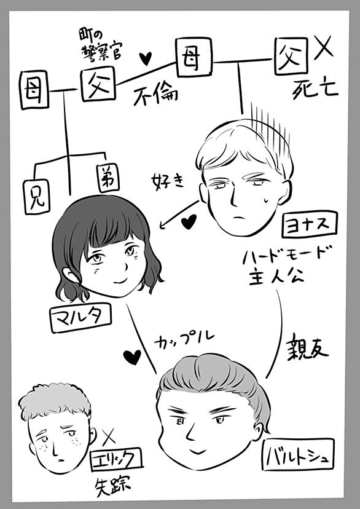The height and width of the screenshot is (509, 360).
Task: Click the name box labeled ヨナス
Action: tap(310, 224)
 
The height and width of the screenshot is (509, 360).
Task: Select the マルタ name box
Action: tap(81, 318)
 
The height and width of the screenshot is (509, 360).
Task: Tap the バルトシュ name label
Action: tap(298, 454)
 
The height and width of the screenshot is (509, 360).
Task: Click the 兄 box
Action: tap(37, 197)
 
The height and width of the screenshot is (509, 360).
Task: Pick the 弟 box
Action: tap(108, 178)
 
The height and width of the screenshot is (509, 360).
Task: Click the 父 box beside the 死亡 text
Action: tap(291, 56)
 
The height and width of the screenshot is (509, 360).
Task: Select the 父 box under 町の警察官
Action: tap(98, 84)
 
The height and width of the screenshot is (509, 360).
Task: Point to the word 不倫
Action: tap(155, 96)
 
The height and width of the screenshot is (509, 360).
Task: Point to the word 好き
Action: tap(167, 181)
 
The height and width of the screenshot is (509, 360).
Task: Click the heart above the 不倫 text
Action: tap(146, 58)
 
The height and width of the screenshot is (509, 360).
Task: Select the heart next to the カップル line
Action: tap(132, 357)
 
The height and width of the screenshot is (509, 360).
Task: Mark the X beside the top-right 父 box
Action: tap(323, 47)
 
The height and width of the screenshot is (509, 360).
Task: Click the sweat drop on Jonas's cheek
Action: tap(266, 200)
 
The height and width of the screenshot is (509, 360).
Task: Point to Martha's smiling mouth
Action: tap(120, 280)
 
